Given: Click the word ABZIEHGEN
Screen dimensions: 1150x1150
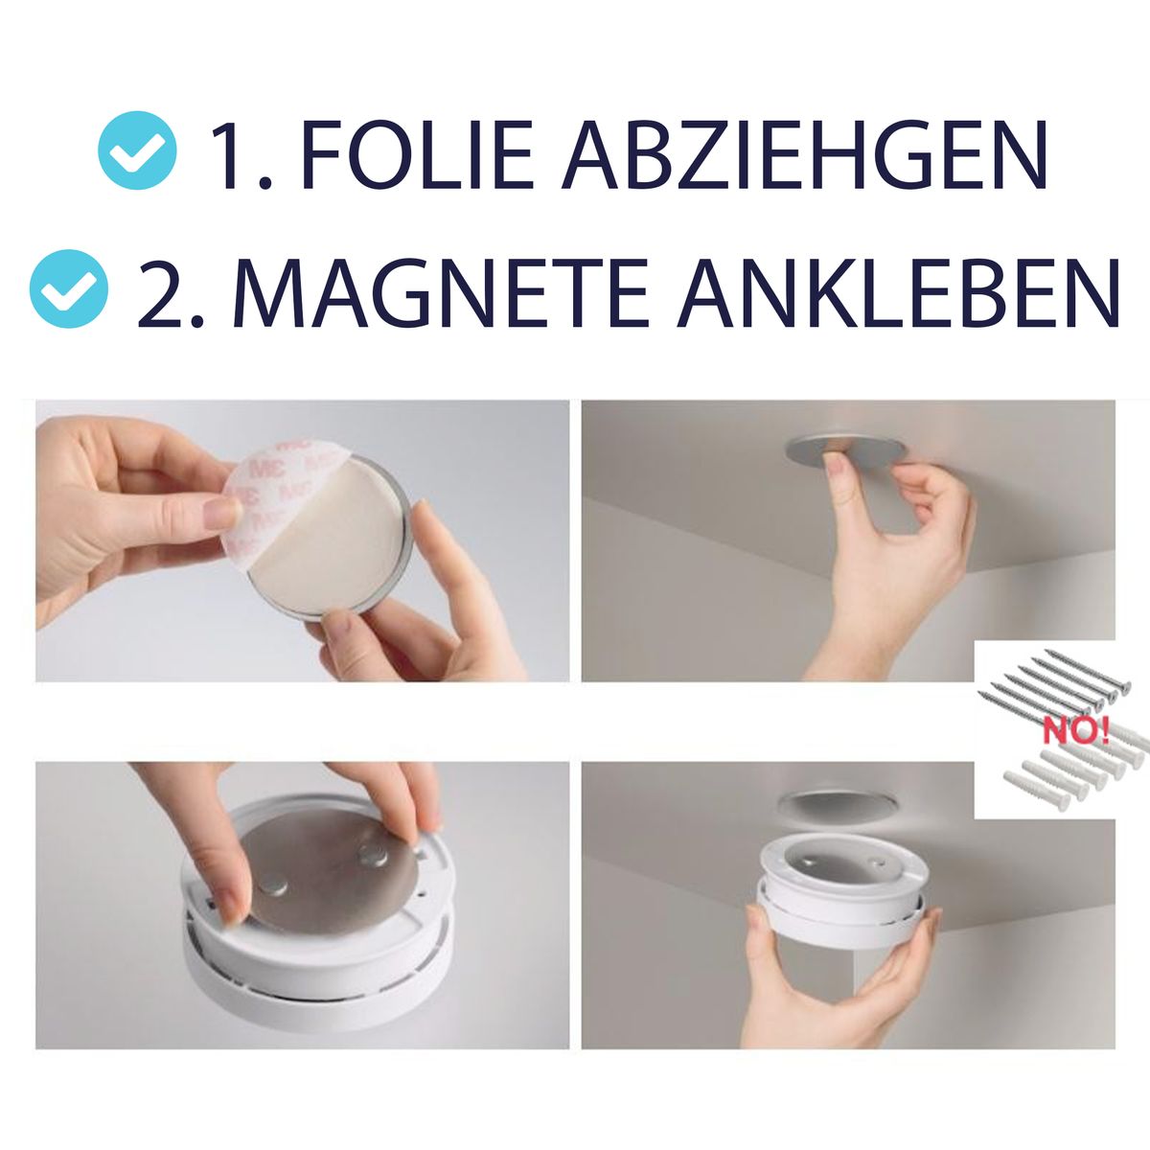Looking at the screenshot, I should tap(804, 154).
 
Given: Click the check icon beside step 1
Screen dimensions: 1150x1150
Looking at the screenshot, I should tap(137, 150).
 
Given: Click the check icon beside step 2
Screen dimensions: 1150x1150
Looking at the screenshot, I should tap(69, 288).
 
